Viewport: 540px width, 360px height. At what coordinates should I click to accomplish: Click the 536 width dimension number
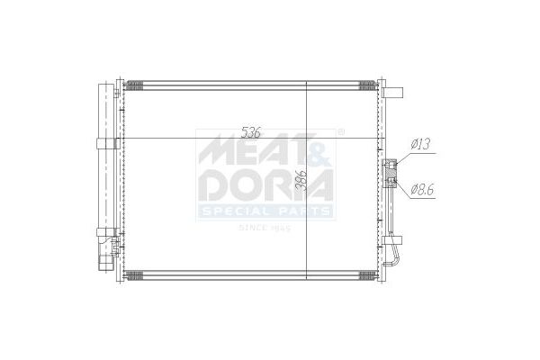point(251,132)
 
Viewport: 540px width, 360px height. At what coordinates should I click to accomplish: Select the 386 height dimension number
point(301,180)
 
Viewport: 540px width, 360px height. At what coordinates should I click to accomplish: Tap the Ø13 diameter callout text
point(421,144)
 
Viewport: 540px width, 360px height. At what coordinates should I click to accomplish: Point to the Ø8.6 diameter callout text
point(423,189)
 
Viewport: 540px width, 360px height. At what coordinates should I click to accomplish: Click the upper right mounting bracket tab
point(392,93)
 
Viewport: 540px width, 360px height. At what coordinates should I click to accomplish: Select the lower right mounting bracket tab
point(392,240)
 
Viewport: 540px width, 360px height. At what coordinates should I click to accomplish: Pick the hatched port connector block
point(391,174)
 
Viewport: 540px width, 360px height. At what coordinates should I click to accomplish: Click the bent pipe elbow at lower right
point(395,256)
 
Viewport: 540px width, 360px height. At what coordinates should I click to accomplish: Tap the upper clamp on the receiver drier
point(107,144)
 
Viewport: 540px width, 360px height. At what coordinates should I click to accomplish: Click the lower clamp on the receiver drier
point(106,232)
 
